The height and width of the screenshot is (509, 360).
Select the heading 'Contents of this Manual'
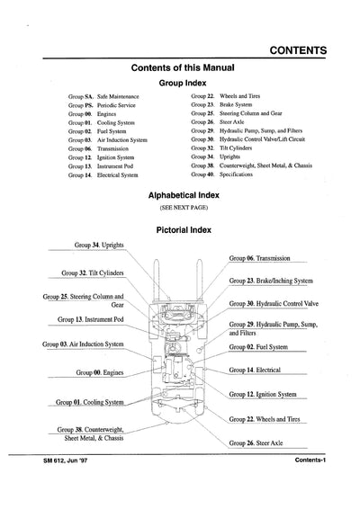[x=184, y=67]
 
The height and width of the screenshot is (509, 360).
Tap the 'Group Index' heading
[x=184, y=80]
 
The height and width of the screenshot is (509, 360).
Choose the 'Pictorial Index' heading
[x=184, y=229]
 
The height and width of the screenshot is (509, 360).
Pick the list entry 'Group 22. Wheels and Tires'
[x=228, y=94]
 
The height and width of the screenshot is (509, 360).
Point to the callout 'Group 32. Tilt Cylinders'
[x=92, y=272]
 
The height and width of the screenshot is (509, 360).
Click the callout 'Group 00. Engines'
[x=101, y=371]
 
